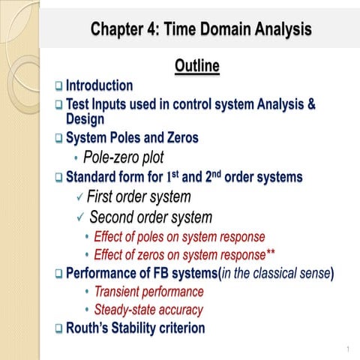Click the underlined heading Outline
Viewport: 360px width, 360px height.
(x=196, y=67)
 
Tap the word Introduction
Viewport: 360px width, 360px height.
(x=99, y=86)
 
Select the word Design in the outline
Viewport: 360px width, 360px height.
(x=85, y=118)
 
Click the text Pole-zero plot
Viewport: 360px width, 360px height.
(x=124, y=157)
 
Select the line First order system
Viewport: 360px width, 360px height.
(x=139, y=197)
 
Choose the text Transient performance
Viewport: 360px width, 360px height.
(x=148, y=291)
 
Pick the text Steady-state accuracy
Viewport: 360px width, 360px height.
(x=148, y=309)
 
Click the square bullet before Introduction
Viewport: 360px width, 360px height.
(x=58, y=87)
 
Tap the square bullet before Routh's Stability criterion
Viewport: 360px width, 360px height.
(x=58, y=328)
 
